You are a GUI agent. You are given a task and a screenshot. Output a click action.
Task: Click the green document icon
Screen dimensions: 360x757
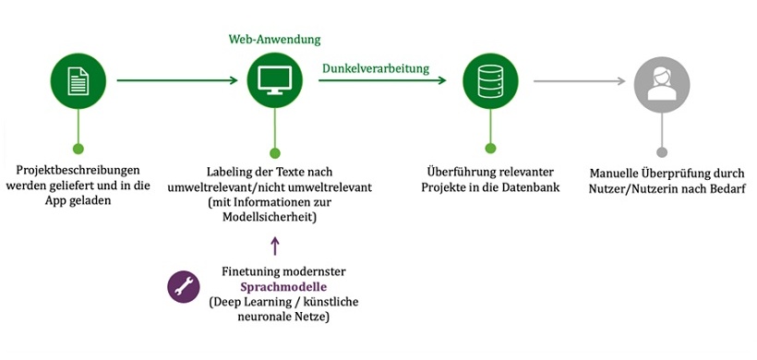(78, 81)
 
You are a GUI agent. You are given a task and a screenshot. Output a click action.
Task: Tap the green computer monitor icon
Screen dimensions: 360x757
(274, 81)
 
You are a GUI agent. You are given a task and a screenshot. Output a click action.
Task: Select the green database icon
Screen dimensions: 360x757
(490, 81)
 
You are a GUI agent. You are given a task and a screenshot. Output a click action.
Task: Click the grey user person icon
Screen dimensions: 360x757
(661, 81)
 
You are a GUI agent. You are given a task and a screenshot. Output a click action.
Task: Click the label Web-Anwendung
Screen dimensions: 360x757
(274, 40)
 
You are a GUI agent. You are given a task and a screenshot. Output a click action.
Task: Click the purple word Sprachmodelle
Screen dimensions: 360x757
(275, 287)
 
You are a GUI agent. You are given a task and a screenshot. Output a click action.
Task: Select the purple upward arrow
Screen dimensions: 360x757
(274, 246)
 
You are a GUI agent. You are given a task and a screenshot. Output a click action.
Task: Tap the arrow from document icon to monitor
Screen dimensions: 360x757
(176, 81)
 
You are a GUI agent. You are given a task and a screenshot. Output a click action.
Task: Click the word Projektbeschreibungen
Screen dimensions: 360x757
(78, 172)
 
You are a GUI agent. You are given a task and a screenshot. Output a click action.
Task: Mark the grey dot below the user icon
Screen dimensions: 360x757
(661, 151)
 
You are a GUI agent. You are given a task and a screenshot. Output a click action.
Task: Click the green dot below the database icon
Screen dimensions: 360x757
(490, 148)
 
